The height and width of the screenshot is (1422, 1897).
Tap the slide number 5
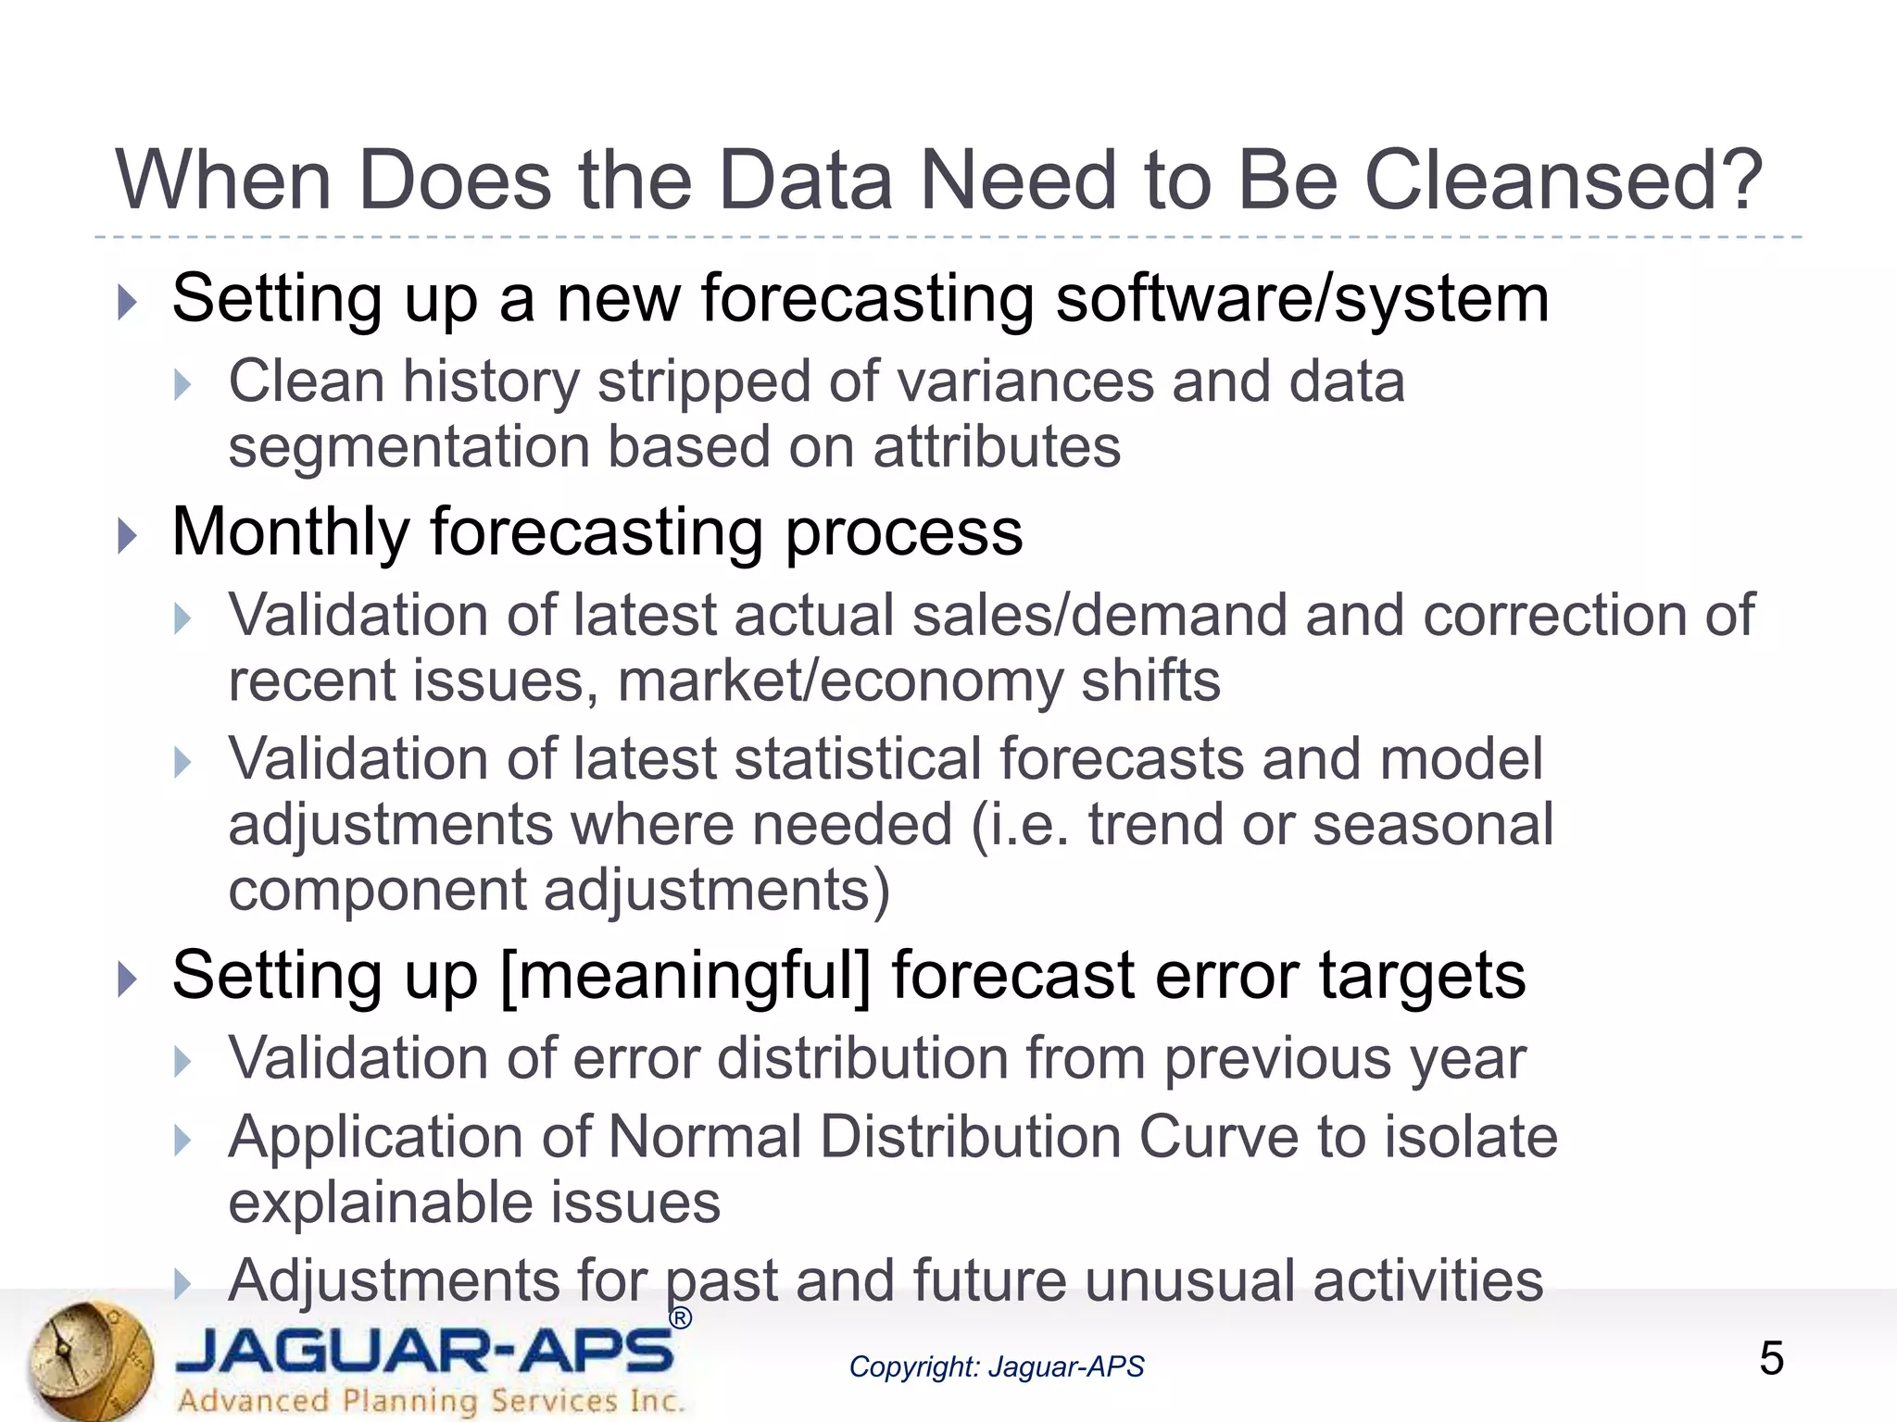click(x=1770, y=1358)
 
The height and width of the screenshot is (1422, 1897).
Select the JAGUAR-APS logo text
click(x=424, y=1351)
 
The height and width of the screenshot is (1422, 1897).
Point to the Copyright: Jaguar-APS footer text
click(x=996, y=1366)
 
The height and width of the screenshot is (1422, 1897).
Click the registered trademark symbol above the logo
click(x=680, y=1318)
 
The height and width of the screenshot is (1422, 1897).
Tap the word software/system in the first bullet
click(x=1301, y=299)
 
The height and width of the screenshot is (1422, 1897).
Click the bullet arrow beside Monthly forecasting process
click(x=128, y=536)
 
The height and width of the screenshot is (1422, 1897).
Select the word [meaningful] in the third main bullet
click(x=685, y=976)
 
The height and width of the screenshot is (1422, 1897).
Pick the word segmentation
click(x=408, y=447)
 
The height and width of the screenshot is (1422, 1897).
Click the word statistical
click(x=857, y=759)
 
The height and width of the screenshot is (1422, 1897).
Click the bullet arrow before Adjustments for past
click(x=182, y=1284)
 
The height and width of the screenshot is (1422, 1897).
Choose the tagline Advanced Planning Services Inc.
click(x=431, y=1400)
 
